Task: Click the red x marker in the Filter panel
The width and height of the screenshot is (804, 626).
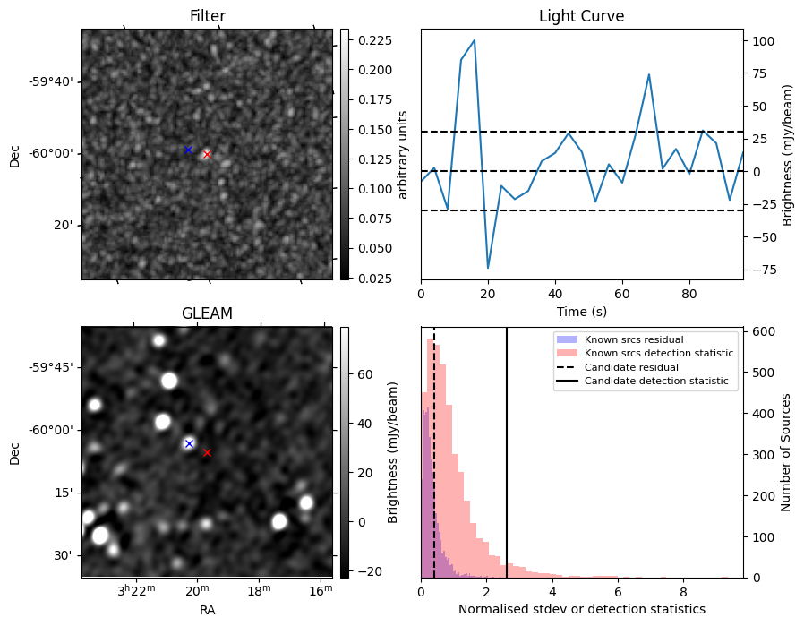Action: tap(207, 154)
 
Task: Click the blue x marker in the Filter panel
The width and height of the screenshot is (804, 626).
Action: tap(188, 150)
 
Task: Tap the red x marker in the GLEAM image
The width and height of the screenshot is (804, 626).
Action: tap(207, 452)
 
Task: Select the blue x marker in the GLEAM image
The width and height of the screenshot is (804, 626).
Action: tap(189, 443)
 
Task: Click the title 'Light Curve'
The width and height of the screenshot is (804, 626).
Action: tap(581, 16)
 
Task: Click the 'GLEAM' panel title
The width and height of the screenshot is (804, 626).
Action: tap(207, 313)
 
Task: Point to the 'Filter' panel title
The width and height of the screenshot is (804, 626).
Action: tap(207, 16)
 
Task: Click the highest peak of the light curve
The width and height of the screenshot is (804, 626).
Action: tap(474, 40)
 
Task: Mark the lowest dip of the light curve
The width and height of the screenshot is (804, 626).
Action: tap(488, 268)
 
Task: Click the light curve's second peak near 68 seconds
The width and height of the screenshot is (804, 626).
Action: tap(649, 74)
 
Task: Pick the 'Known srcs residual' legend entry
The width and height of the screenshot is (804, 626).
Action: tap(634, 339)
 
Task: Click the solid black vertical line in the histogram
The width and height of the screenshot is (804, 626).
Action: tap(507, 448)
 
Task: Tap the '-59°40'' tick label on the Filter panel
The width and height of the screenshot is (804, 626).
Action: tap(50, 82)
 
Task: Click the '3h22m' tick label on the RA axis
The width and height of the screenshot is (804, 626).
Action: tap(137, 592)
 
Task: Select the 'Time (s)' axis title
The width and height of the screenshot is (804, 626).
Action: tap(581, 312)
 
